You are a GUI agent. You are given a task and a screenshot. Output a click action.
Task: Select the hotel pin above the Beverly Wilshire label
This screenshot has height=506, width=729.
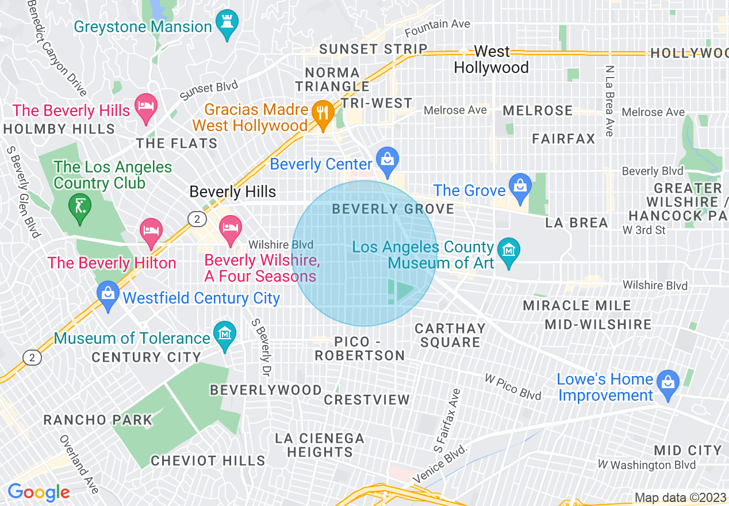click(230, 228)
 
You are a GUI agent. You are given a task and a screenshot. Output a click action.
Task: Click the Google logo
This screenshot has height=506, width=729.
click(39, 493)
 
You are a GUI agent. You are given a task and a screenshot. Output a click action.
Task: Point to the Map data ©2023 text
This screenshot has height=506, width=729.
click(679, 497)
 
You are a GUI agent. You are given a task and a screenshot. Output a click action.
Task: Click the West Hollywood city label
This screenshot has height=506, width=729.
click(491, 60)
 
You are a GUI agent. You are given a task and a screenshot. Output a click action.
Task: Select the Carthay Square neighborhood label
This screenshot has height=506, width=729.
click(450, 335)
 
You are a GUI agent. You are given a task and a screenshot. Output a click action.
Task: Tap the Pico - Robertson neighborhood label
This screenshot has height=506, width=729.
click(360, 348)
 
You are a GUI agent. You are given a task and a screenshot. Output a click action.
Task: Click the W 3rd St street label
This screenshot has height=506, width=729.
click(644, 230)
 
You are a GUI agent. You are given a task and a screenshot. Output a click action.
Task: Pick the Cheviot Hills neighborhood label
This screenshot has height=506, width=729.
click(208, 461)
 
